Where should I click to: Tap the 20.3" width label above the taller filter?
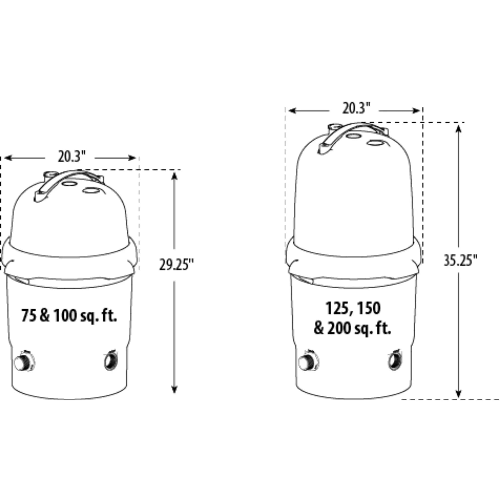356,108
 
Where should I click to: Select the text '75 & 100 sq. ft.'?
69,316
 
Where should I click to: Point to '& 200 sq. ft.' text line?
352,329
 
